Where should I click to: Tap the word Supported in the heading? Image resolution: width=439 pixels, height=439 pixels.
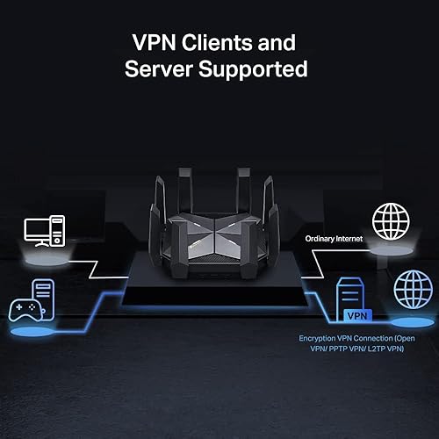pos(248,68)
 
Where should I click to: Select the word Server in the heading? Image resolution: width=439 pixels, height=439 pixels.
pos(157,68)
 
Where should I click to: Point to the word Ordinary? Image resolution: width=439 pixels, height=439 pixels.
pos(323,238)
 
